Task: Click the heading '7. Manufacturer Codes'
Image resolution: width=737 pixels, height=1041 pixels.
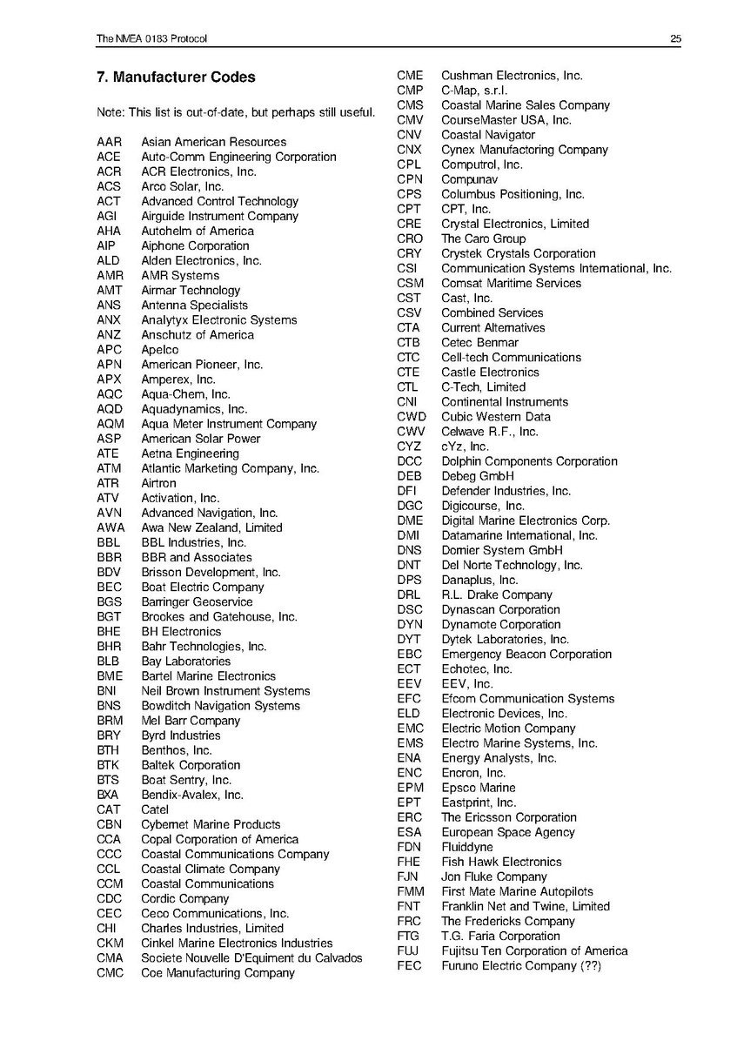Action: [x=176, y=77]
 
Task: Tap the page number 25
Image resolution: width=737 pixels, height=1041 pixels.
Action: [x=675, y=38]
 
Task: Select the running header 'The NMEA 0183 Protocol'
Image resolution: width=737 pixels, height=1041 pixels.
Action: [x=151, y=38]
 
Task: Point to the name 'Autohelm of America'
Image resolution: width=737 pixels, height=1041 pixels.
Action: [x=198, y=231]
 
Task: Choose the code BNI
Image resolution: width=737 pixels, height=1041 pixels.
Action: [x=107, y=691]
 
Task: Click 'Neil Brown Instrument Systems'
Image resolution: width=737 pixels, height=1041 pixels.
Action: [x=225, y=691]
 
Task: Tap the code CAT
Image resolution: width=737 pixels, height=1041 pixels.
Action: [x=109, y=809]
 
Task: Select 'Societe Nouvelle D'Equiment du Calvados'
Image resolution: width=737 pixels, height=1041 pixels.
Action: [x=251, y=957]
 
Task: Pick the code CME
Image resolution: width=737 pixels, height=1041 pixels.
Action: [x=410, y=76]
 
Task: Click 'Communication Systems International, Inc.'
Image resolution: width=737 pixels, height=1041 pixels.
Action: [x=556, y=268]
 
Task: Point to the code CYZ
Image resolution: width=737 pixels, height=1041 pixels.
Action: [x=409, y=447]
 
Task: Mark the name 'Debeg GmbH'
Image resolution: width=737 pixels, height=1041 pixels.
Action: [x=477, y=476]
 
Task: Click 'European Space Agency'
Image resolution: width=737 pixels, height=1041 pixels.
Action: [x=507, y=832]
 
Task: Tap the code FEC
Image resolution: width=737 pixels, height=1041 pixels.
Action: [x=409, y=965]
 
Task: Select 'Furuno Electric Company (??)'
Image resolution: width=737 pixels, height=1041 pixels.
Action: [x=520, y=965]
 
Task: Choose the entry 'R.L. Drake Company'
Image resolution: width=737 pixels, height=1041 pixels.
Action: [x=496, y=594]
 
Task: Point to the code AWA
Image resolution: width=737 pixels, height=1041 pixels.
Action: [x=111, y=527]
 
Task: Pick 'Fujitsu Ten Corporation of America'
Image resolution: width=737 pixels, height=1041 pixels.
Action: [x=533, y=950]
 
